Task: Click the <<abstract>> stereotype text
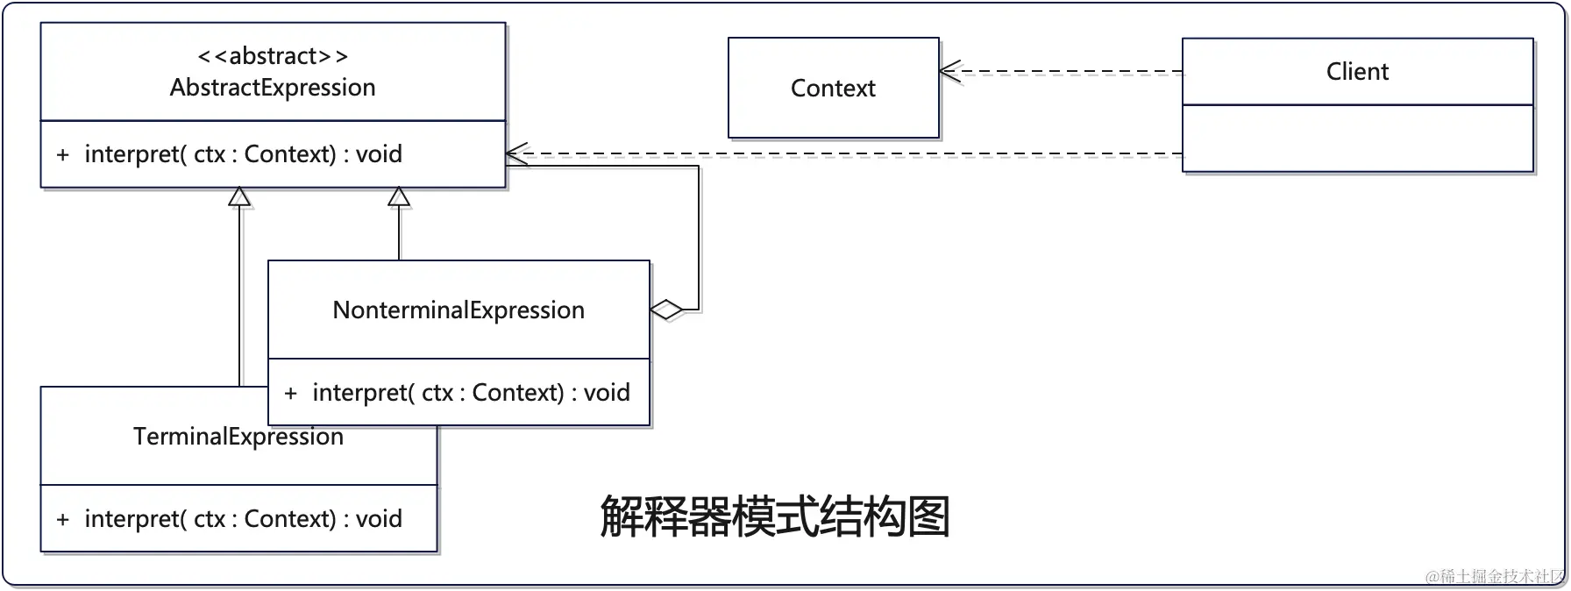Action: [x=273, y=56]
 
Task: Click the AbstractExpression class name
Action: [x=273, y=88]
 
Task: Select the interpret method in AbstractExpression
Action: [x=243, y=154]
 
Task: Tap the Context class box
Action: [x=833, y=88]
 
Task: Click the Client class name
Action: [x=1357, y=72]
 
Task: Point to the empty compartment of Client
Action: [x=1357, y=139]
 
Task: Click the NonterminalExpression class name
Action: [x=459, y=310]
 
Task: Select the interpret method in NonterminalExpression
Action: [x=471, y=393]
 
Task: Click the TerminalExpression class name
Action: [x=238, y=437]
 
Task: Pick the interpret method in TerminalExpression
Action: [x=243, y=519]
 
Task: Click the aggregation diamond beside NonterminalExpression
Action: [x=666, y=310]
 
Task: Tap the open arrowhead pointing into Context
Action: [x=949, y=72]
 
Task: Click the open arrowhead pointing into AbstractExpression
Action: [x=516, y=154]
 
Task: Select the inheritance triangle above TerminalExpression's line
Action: [x=239, y=197]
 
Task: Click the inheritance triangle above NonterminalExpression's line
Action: [x=399, y=197]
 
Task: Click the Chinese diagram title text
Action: [x=775, y=516]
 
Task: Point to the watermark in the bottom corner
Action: [x=1494, y=576]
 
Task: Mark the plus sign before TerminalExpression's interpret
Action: [x=63, y=519]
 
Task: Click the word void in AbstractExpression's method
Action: [x=379, y=154]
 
